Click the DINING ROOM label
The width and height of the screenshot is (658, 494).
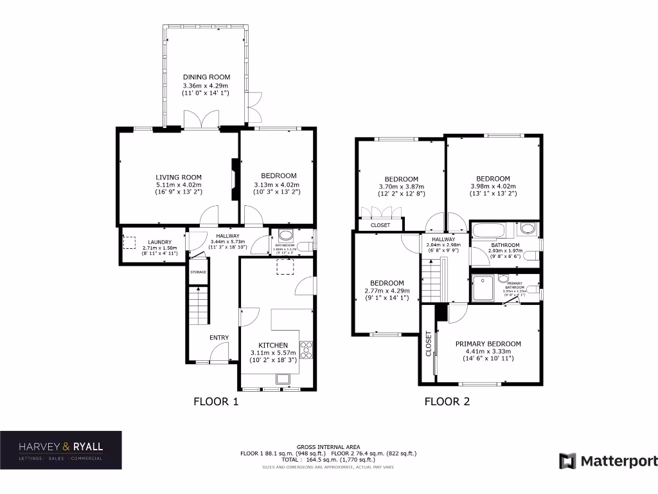(206, 77)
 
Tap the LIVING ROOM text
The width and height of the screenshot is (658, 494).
(179, 178)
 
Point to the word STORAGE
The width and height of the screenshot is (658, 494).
(198, 272)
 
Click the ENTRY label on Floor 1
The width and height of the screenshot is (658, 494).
(218, 338)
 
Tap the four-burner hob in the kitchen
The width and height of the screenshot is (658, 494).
(306, 351)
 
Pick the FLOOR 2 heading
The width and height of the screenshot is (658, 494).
(447, 402)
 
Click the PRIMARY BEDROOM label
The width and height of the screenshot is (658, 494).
(488, 343)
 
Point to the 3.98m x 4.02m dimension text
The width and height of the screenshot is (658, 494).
(493, 188)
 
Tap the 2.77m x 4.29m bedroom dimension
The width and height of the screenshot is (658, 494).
(387, 291)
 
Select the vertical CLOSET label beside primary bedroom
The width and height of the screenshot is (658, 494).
(428, 343)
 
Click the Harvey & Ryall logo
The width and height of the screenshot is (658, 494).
(60, 450)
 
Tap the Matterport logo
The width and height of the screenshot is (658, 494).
(608, 461)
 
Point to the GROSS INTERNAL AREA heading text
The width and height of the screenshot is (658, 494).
(328, 446)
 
